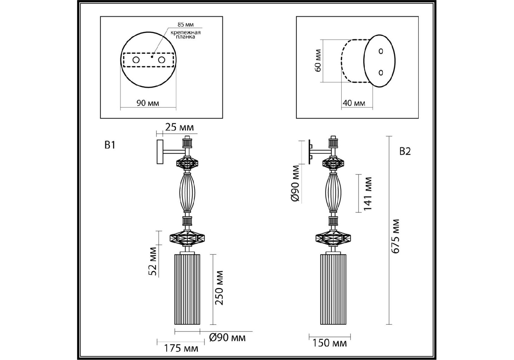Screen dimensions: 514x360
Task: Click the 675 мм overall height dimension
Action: tap(396, 236)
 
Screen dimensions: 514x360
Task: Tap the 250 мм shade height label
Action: tap(219, 288)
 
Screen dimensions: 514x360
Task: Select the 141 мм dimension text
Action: tap(367, 194)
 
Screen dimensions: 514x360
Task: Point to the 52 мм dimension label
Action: tap(153, 261)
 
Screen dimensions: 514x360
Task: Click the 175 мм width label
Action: tap(181, 348)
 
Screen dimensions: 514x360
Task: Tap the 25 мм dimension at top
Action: tap(179, 127)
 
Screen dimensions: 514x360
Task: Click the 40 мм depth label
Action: tap(354, 103)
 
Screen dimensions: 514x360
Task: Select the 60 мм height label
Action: tap(318, 60)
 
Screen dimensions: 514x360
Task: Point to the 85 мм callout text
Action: tap(186, 24)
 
